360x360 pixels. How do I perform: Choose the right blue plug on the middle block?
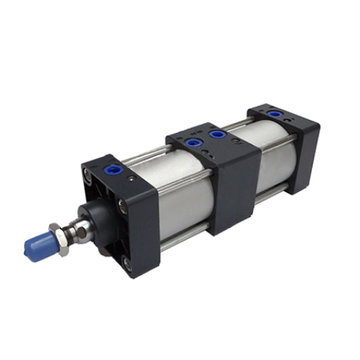tap(218, 135)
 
